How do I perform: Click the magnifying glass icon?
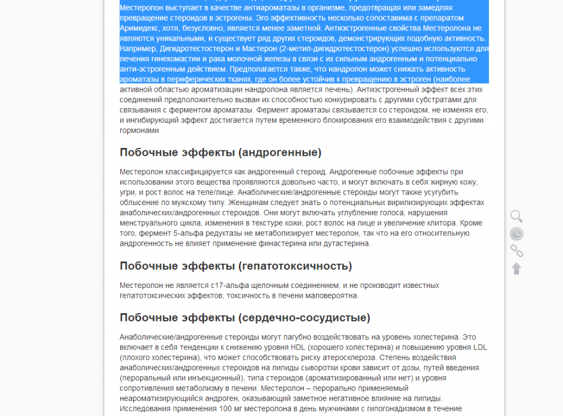click(516, 216)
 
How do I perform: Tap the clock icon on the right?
click(516, 234)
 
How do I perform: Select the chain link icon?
click(516, 251)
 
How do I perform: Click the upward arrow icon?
click(516, 269)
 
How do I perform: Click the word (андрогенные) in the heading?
click(280, 153)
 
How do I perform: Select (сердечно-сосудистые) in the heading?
click(304, 318)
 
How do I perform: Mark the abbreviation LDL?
click(479, 347)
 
